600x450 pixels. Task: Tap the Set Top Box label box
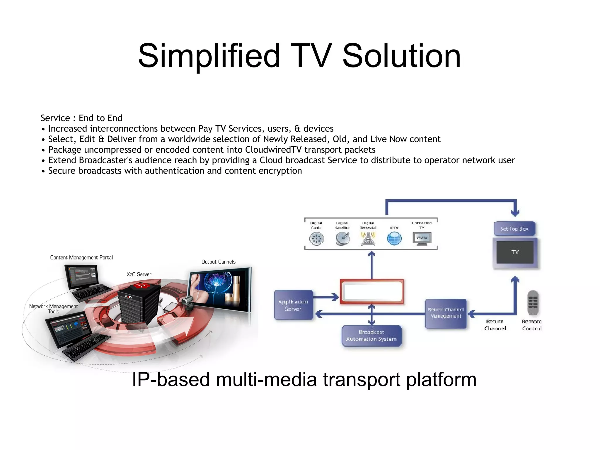pyautogui.click(x=514, y=229)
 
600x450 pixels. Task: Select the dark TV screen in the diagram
pyautogui.click(x=515, y=252)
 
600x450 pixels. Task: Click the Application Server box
pyautogui.click(x=293, y=305)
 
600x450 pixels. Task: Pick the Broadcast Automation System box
pyautogui.click(x=371, y=336)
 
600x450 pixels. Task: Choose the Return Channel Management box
pyautogui.click(x=445, y=313)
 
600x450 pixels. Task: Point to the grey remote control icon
pyautogui.click(x=533, y=303)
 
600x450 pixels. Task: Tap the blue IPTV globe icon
pyautogui.click(x=394, y=238)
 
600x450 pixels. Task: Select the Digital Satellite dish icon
pyautogui.click(x=342, y=239)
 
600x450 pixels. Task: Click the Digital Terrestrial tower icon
pyautogui.click(x=368, y=239)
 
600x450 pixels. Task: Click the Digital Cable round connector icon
pyautogui.click(x=316, y=239)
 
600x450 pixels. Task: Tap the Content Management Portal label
pyautogui.click(x=81, y=257)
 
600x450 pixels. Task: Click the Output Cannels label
pyautogui.click(x=218, y=262)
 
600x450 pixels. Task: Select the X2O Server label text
pyautogui.click(x=139, y=274)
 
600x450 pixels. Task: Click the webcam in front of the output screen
pyautogui.click(x=187, y=302)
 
